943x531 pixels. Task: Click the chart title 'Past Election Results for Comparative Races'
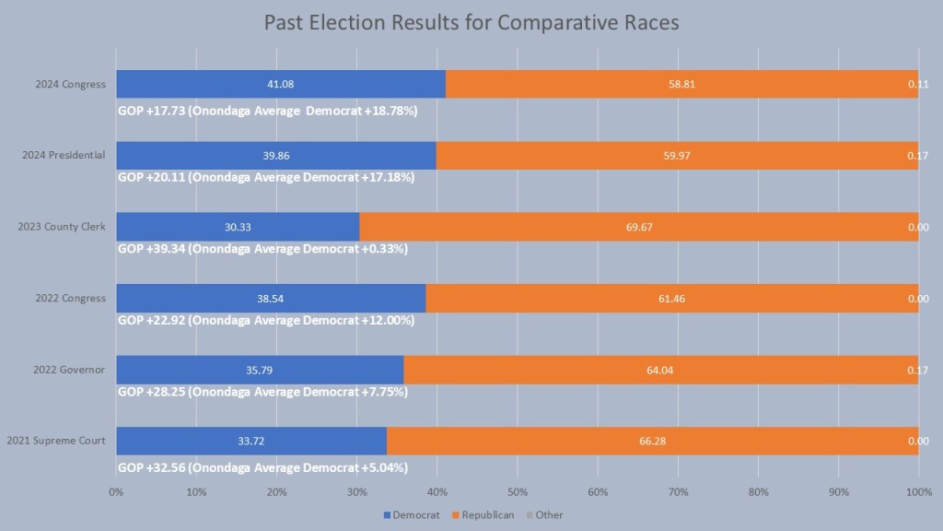(x=471, y=23)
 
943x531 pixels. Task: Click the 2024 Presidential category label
(x=64, y=155)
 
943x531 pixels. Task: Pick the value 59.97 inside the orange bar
(x=677, y=156)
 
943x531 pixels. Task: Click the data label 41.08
(x=280, y=84)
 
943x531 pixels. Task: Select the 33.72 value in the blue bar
(x=251, y=441)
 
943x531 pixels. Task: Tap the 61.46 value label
(x=671, y=299)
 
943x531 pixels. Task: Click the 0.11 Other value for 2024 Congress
(x=918, y=84)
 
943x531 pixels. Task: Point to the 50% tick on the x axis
(x=517, y=491)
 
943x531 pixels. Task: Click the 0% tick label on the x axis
(x=116, y=491)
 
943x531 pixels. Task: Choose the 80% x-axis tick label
(x=758, y=491)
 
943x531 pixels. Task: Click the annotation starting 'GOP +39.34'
(x=263, y=248)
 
